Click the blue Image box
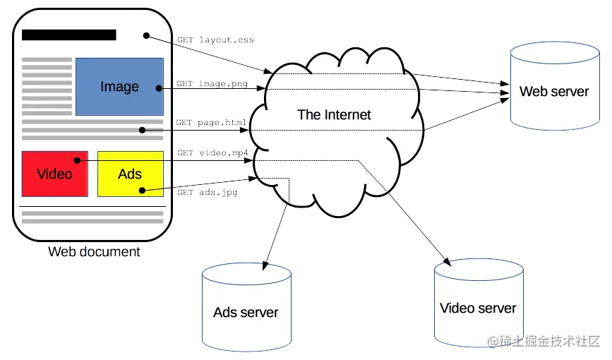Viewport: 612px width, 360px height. point(119,87)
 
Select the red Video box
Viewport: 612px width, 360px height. point(54,174)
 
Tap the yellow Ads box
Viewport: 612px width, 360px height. point(130,174)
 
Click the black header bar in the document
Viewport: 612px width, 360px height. point(69,35)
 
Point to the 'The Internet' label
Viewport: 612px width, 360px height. point(334,115)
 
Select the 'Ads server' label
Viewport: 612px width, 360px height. point(246,312)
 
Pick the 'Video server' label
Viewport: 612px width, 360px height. point(478,308)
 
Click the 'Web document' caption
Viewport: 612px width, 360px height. point(94,252)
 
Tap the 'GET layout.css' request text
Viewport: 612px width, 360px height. point(215,41)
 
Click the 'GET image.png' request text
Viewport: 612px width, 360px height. point(212,84)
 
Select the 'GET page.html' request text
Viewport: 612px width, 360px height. point(211,122)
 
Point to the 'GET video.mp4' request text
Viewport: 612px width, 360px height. point(212,152)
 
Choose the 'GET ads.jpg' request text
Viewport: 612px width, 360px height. point(207,191)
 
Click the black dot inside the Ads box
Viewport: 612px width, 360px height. point(143,190)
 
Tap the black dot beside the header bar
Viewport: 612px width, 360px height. point(146,35)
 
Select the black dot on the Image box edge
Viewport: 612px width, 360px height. point(160,88)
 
